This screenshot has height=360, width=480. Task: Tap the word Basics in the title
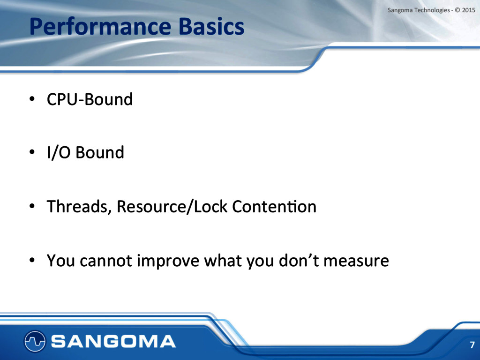point(211,26)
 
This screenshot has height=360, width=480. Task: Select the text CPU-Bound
point(90,99)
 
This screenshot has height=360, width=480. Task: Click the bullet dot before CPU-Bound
point(32,99)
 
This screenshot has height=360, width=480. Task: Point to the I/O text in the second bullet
point(59,152)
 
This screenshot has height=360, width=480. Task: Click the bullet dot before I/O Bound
point(32,152)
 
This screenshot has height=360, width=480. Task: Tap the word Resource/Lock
point(172,206)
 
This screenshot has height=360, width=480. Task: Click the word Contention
point(274,206)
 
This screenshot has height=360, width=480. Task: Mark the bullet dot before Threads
point(32,206)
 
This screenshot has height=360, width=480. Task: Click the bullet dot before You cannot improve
point(32,260)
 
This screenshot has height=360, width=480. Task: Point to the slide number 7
point(472,345)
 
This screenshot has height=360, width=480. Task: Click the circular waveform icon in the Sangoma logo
point(35,341)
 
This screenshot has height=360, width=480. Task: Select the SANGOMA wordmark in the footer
point(113,341)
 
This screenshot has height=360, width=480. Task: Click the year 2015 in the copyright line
point(468,10)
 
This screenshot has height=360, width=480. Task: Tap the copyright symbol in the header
point(457,10)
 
